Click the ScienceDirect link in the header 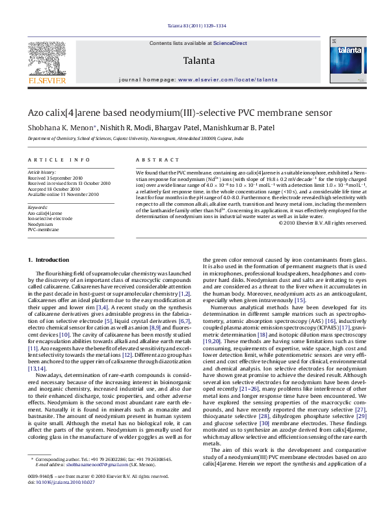230,43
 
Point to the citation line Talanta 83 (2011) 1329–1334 193,26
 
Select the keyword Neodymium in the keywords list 40,206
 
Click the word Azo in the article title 36,112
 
